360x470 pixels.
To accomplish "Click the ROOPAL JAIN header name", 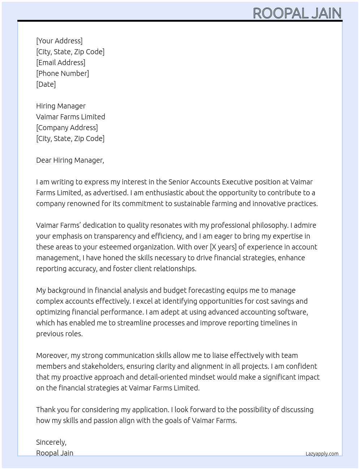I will [x=297, y=13].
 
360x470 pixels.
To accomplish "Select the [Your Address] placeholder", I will [x=59, y=41].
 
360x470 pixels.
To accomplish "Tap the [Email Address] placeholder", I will [x=61, y=63].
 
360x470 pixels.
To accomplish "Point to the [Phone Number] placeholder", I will [x=63, y=73].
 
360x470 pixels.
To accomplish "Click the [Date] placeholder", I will [x=46, y=84].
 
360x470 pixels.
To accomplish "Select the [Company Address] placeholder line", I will [x=67, y=128].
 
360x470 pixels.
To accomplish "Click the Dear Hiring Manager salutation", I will [x=70, y=160].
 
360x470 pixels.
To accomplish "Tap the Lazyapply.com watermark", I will [x=322, y=454].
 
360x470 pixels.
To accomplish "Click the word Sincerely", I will [x=51, y=442].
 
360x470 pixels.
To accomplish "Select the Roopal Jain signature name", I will [x=55, y=453].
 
